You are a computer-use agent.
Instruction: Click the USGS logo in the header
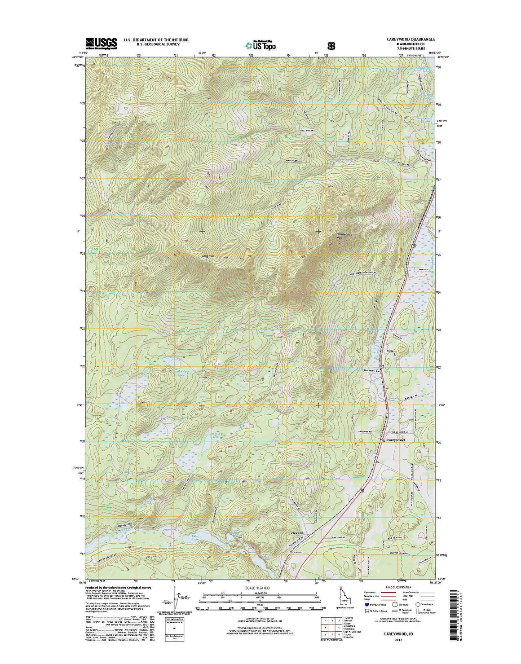click(x=102, y=43)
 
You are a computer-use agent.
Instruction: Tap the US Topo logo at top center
click(x=260, y=45)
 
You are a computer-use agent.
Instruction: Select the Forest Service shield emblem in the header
click(x=332, y=45)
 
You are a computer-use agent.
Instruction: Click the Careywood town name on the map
click(x=396, y=440)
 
